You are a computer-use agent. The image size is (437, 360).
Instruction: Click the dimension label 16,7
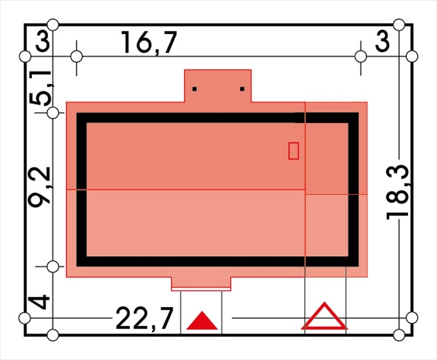(149, 42)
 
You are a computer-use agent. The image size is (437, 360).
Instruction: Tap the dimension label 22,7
(144, 319)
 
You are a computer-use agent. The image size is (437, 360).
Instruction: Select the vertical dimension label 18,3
(397, 192)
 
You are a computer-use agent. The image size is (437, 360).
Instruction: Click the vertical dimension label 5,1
(41, 88)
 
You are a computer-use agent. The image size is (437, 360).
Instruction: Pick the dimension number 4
(40, 303)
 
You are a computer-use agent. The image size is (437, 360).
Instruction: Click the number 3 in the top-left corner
(43, 42)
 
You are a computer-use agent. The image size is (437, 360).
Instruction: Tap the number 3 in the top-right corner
(382, 42)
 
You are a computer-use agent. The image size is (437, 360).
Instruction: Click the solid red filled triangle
(202, 320)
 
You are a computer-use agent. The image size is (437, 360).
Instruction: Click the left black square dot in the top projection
(194, 89)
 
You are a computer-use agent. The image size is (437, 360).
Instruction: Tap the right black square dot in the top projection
(242, 89)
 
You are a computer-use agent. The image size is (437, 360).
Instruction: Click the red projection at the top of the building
(218, 86)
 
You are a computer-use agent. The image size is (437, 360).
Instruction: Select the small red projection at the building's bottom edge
(201, 284)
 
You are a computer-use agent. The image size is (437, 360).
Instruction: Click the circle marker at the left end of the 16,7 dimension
(77, 57)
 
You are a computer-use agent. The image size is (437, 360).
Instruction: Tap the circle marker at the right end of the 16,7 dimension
(361, 57)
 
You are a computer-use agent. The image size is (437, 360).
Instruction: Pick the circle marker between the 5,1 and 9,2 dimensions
(53, 113)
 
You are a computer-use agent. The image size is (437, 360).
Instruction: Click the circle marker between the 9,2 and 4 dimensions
(53, 267)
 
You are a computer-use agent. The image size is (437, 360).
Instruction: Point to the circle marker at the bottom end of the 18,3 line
(399, 335)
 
